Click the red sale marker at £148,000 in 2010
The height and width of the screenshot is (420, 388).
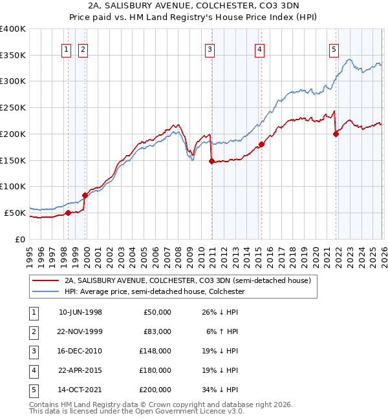coord(211,162)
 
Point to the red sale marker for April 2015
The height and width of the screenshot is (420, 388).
coord(261,145)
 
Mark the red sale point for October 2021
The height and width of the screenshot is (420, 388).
coord(336,134)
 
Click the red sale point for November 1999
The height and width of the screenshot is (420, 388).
coord(84,195)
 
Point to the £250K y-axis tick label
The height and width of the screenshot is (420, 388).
coord(13,108)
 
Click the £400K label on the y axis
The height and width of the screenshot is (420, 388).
coord(13,29)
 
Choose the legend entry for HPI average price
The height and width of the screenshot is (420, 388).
coord(154,291)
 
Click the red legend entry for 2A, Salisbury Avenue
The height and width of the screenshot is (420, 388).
coord(188,280)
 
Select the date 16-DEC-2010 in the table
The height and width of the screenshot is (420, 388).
coord(80,351)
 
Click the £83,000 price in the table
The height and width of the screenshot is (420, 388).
coord(157,331)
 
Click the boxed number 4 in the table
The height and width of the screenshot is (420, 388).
coord(32,370)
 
